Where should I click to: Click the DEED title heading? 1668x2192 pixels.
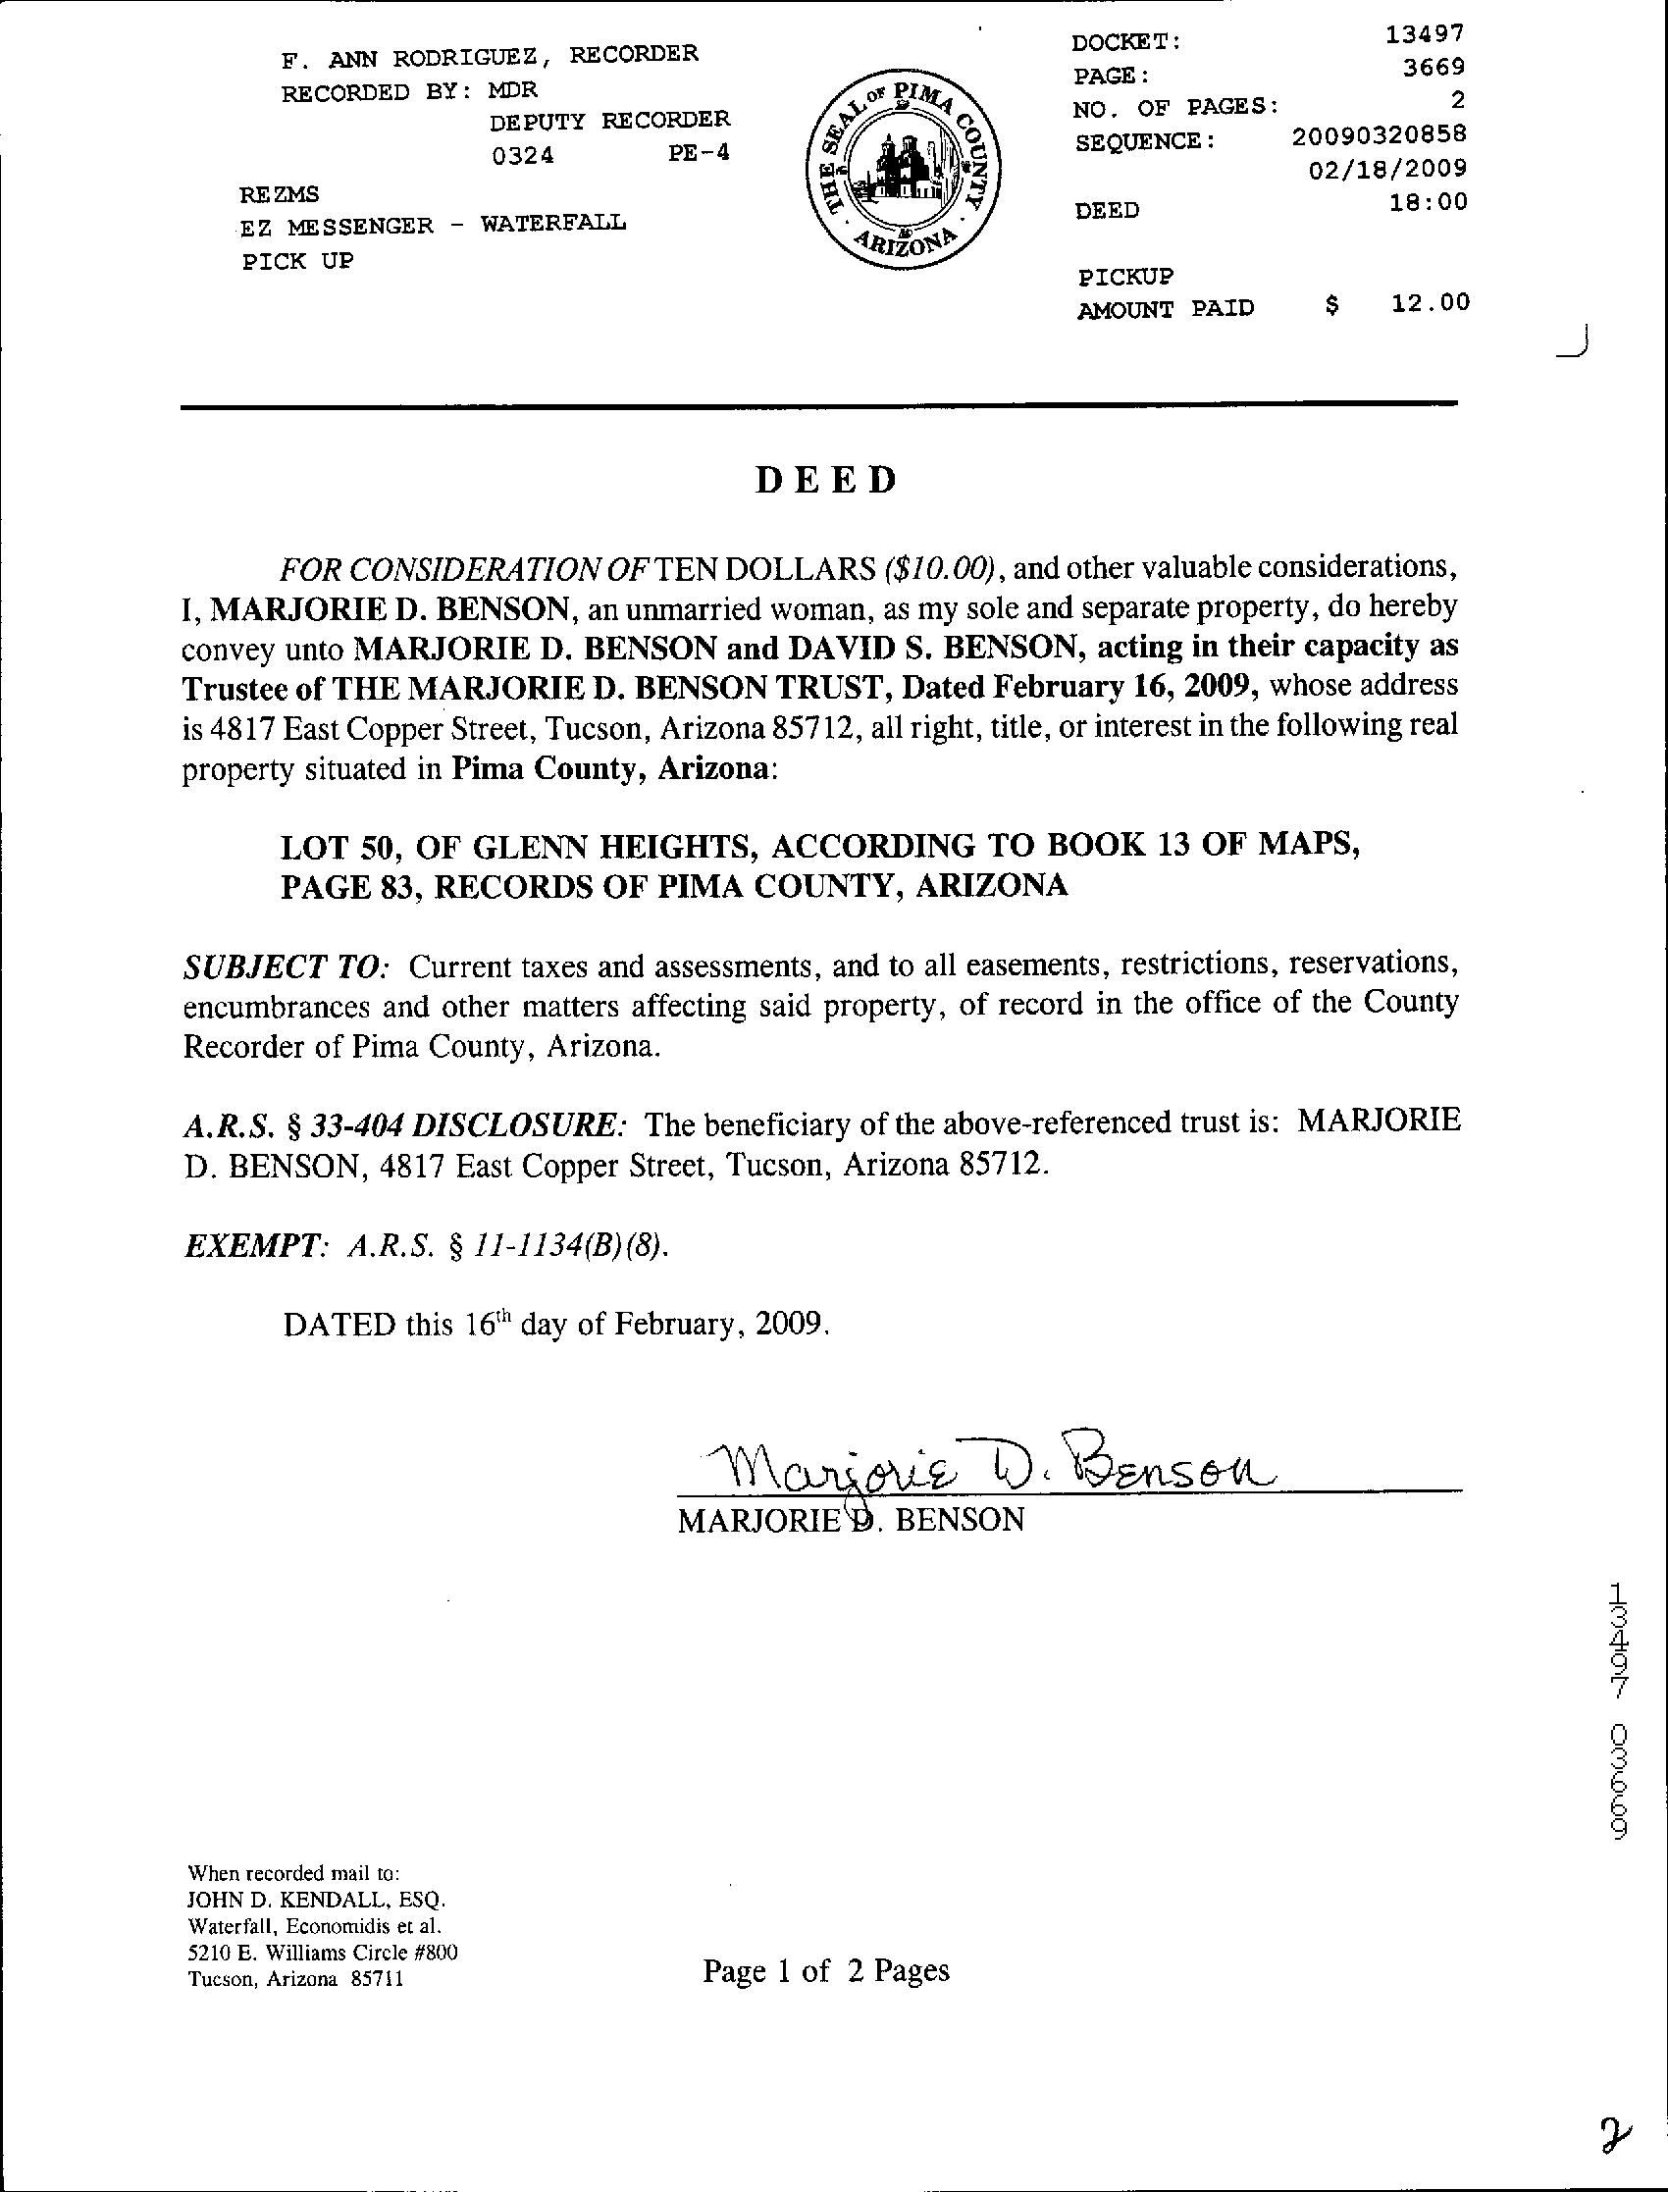826,481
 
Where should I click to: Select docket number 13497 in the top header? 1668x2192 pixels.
1425,33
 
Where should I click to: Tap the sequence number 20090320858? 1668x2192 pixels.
1380,134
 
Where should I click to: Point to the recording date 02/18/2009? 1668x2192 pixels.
1387,169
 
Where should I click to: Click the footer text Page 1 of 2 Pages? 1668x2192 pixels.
826,1970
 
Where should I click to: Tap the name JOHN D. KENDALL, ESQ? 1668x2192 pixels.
317,1901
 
